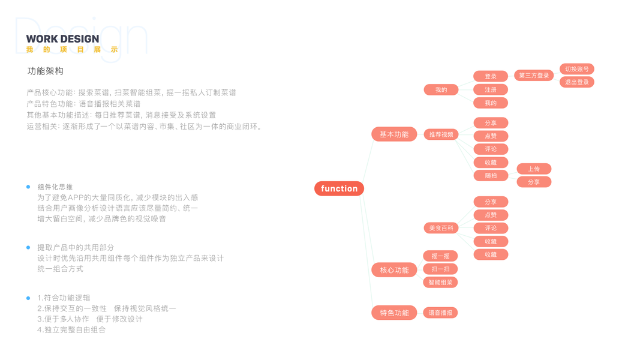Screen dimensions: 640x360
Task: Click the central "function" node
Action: click(339, 188)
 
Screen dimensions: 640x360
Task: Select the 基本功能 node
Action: click(394, 134)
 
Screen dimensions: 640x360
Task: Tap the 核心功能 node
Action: click(394, 270)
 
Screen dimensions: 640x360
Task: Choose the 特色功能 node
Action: click(394, 313)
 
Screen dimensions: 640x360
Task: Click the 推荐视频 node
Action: click(441, 134)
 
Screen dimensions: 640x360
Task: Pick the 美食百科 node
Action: click(441, 228)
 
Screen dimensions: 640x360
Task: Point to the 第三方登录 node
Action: click(534, 76)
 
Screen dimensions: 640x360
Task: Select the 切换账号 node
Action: click(576, 69)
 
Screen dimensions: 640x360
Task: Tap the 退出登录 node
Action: click(576, 82)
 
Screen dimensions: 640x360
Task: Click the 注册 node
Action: click(491, 89)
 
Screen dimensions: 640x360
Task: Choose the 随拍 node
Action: click(491, 176)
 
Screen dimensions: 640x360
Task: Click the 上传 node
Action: click(534, 169)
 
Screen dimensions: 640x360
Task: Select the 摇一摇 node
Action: click(440, 256)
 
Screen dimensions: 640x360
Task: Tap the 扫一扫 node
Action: click(440, 269)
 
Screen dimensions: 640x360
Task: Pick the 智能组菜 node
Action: click(440, 282)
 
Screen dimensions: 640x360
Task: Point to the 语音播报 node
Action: click(440, 313)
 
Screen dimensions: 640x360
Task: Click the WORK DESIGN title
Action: click(62, 39)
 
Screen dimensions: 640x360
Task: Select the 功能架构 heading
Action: click(46, 71)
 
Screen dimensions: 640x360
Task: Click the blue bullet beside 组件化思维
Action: click(28, 187)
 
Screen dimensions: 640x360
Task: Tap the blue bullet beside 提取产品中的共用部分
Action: click(28, 247)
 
